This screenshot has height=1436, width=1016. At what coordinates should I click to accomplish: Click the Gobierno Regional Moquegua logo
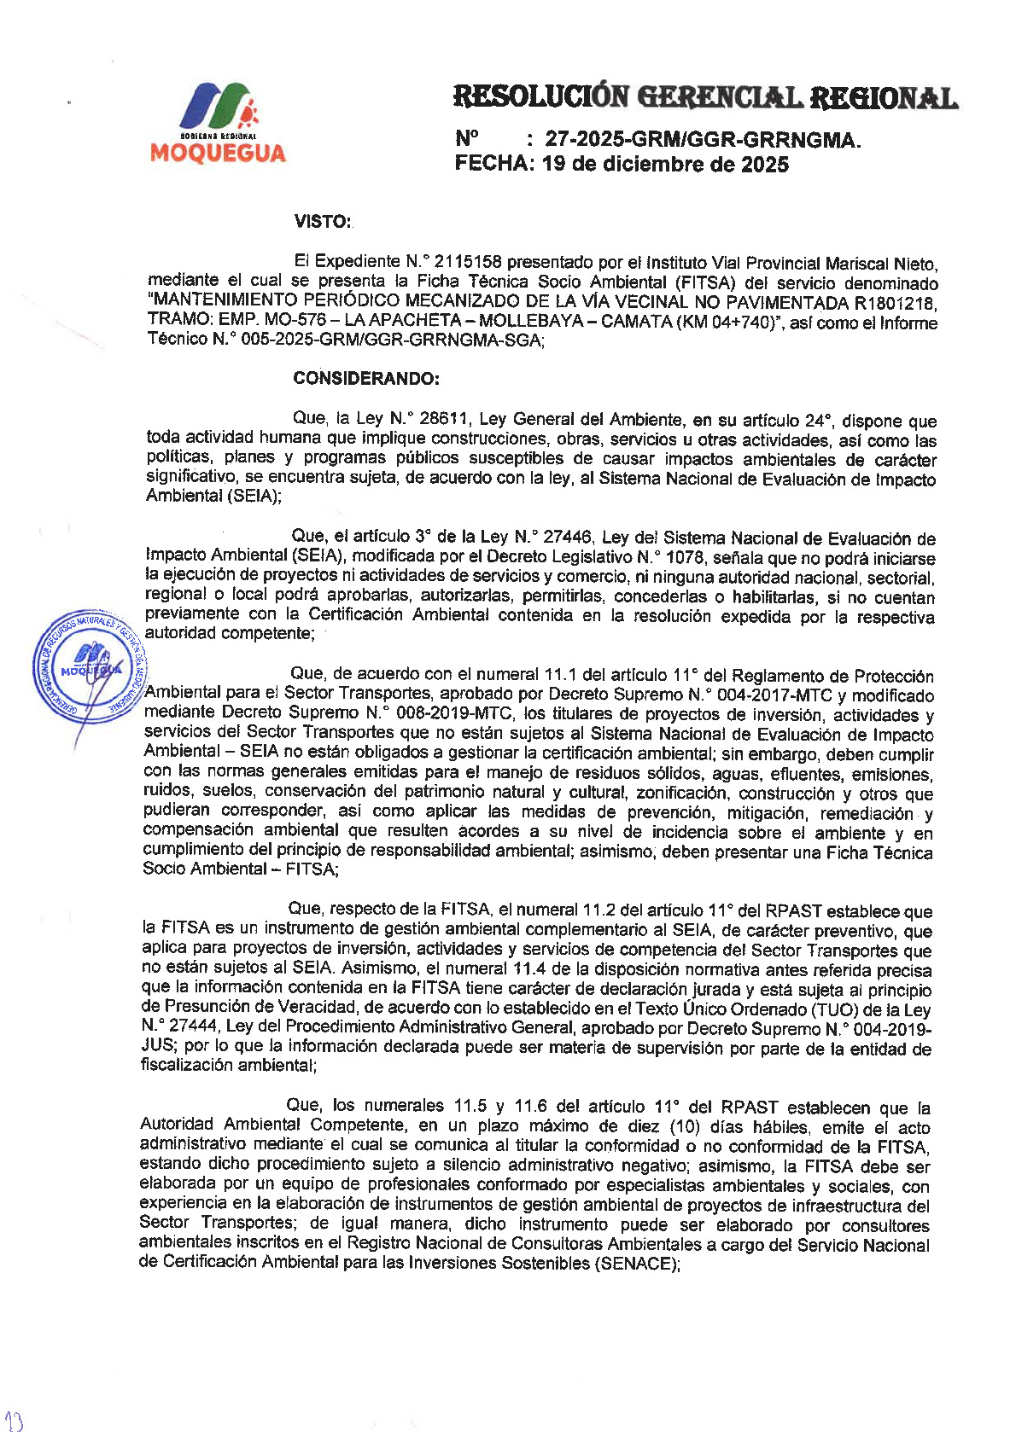(x=218, y=123)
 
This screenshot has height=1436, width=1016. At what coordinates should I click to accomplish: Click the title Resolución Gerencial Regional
(x=704, y=97)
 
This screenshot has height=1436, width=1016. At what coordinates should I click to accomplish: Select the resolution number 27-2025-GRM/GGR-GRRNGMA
(x=703, y=139)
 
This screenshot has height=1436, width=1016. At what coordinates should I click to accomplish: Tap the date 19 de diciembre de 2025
(x=665, y=164)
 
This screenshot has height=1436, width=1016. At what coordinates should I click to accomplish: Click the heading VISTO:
(x=323, y=222)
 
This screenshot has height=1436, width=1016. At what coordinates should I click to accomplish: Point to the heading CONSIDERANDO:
(x=366, y=378)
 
